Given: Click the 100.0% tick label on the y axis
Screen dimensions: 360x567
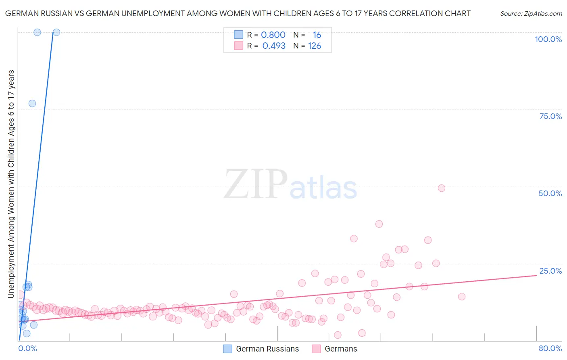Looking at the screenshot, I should point(548,39).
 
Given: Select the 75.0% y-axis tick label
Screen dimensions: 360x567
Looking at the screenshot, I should point(550,116).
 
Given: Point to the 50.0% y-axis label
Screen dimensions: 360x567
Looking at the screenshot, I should point(550,193).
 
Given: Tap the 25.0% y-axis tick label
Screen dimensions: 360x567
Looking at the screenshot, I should point(550,271).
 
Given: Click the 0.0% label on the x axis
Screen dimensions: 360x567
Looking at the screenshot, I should point(27,348).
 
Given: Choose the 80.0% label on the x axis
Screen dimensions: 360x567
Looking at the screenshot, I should point(550,348).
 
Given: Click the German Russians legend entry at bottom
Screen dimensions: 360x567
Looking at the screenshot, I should point(267,349).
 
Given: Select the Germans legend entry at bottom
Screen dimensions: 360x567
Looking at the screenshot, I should point(340,349).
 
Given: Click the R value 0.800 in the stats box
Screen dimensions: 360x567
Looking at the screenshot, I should point(273,35).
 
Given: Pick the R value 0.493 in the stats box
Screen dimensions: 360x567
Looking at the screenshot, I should point(274,46).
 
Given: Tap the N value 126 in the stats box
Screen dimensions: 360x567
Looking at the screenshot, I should point(315,46).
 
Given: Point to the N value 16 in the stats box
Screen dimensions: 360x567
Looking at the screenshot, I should point(317,35).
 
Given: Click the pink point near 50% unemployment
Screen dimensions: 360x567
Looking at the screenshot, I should point(441,188).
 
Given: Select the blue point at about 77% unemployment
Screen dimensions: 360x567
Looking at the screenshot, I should point(32,103).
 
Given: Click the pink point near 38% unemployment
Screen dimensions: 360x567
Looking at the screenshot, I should point(379,224).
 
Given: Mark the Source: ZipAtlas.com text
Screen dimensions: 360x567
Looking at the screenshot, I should point(531,14).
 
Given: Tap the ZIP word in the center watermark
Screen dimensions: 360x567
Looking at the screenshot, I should point(255,185).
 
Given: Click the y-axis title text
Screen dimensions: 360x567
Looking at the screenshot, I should point(11,184).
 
